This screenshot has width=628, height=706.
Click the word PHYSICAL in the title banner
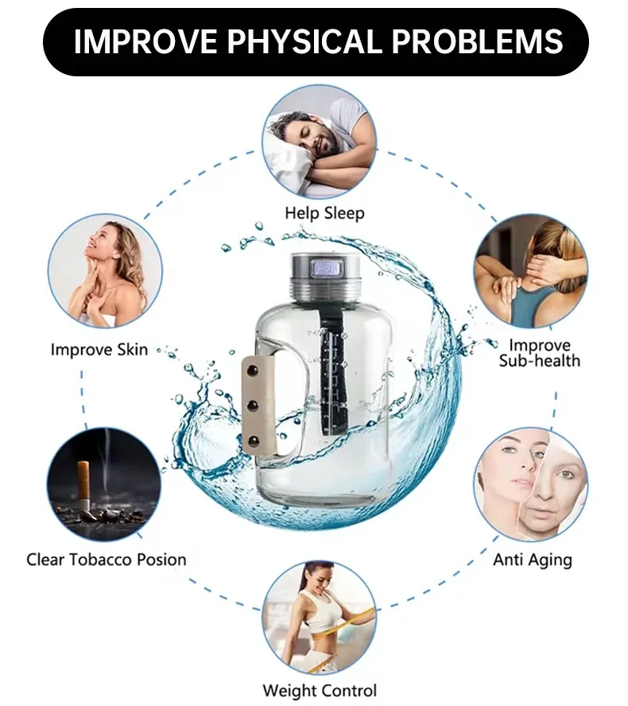[x=304, y=41]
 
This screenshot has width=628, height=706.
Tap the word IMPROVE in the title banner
[x=145, y=41]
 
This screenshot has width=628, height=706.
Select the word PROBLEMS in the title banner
[x=477, y=41]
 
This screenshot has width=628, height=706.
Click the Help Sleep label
[x=324, y=212]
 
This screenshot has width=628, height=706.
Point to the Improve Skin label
[x=99, y=349]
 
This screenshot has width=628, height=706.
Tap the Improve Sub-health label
[x=539, y=353]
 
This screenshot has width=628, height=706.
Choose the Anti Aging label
[x=533, y=561]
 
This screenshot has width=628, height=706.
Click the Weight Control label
[x=320, y=690]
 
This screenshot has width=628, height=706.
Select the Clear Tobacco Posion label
[x=107, y=560]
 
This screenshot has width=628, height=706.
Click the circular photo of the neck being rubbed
[x=531, y=271]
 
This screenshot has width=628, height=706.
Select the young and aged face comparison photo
[x=531, y=484]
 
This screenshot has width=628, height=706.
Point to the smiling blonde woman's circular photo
[x=105, y=271]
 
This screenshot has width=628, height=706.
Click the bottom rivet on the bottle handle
[x=254, y=440]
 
